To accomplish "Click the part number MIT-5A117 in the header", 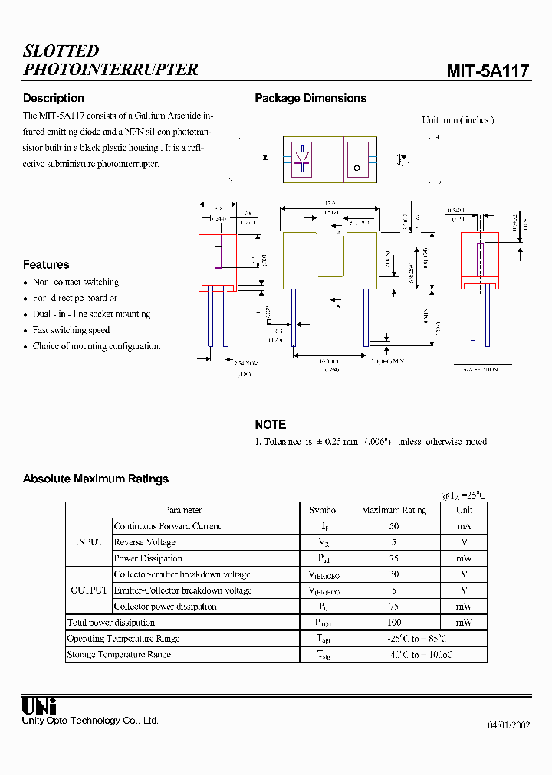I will click(x=488, y=71).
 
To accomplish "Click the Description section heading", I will click(x=54, y=98).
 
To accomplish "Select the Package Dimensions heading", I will click(x=310, y=98).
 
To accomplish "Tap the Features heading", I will click(x=46, y=265).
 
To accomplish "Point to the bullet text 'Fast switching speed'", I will click(x=71, y=330).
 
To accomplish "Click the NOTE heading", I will click(x=271, y=424).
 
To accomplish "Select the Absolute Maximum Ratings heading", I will click(x=96, y=479).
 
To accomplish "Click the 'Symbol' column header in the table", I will click(x=324, y=510).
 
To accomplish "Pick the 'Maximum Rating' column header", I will click(x=394, y=510).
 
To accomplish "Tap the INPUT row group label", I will click(x=89, y=542).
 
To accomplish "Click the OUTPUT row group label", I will click(x=89, y=590).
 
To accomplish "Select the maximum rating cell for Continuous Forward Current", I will click(x=394, y=526).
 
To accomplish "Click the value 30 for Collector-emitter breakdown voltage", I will click(x=394, y=574).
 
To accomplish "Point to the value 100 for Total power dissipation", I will click(x=394, y=623).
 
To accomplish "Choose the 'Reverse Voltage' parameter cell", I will click(x=145, y=542).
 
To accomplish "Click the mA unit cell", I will click(x=465, y=526).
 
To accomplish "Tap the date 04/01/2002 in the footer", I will click(x=509, y=725).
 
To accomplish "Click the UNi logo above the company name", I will click(x=39, y=706).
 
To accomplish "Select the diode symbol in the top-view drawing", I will click(x=303, y=159).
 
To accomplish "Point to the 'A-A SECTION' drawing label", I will click(x=480, y=369).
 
